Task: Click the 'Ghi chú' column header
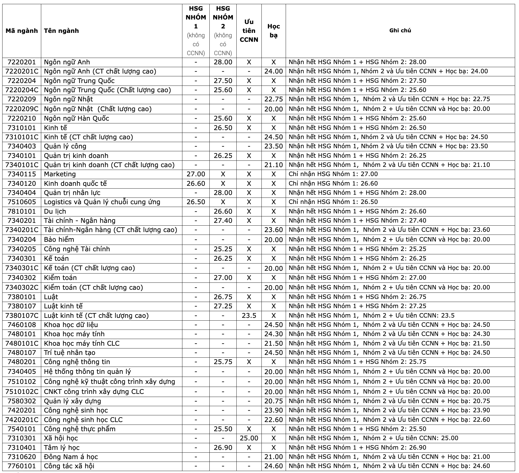pyautogui.click(x=400, y=31)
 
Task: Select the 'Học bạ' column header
pyautogui.click(x=273, y=31)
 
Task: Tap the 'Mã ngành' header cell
pyautogui.click(x=22, y=31)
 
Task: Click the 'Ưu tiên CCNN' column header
pyautogui.click(x=249, y=31)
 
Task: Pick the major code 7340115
pyautogui.click(x=22, y=174)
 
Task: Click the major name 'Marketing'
pyautogui.click(x=60, y=174)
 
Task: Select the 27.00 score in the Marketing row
pyautogui.click(x=196, y=174)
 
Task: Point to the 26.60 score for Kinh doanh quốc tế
pyautogui.click(x=196, y=184)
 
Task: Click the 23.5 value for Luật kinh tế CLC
pyautogui.click(x=249, y=316)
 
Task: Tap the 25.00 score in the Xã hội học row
pyautogui.click(x=249, y=438)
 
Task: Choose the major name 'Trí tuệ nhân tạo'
pyautogui.click(x=70, y=353)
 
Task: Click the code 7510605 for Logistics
pyautogui.click(x=22, y=202)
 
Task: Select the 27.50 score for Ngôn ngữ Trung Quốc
pyautogui.click(x=223, y=81)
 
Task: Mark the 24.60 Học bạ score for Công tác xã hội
pyautogui.click(x=273, y=466)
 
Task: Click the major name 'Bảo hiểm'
pyautogui.click(x=59, y=240)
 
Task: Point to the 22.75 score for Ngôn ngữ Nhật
pyautogui.click(x=273, y=99)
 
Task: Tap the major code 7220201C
pyautogui.click(x=22, y=71)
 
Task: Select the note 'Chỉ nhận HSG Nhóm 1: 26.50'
pyautogui.click(x=333, y=202)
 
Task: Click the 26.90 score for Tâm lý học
pyautogui.click(x=223, y=448)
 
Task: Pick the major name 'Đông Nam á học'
pyautogui.click(x=71, y=457)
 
